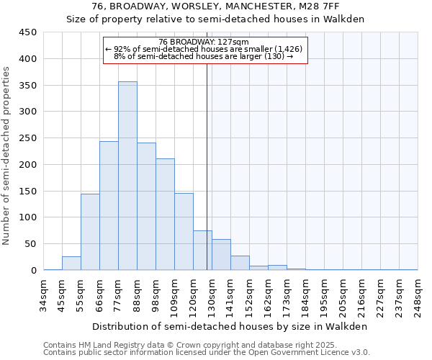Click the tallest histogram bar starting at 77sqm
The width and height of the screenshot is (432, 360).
127,176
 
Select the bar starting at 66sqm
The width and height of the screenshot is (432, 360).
109,206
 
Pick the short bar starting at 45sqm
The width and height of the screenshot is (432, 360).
71,264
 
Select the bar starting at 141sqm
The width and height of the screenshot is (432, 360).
240,263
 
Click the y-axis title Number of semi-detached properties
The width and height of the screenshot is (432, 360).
7,156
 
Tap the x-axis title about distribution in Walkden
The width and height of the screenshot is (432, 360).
230,326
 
